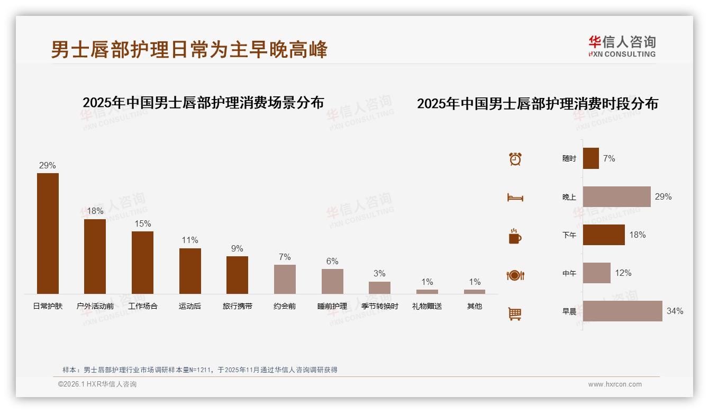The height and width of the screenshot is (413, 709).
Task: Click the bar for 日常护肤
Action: click(x=48, y=233)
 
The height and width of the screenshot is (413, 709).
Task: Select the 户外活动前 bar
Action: click(x=95, y=256)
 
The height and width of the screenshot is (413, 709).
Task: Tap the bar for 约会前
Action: click(x=285, y=279)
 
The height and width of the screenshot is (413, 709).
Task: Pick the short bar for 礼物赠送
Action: click(x=427, y=291)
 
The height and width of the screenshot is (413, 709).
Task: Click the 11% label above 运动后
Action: click(x=190, y=240)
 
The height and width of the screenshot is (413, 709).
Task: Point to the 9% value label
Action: click(x=237, y=248)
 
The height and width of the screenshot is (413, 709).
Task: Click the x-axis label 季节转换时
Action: click(x=380, y=306)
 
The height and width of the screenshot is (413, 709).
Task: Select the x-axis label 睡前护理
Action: click(x=332, y=306)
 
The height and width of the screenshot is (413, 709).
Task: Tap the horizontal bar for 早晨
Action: click(x=622, y=311)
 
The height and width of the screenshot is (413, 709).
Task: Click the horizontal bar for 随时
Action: click(x=590, y=158)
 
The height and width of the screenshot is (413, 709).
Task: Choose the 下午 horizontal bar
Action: click(x=604, y=235)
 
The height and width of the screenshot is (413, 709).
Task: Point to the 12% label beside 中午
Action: click(x=623, y=273)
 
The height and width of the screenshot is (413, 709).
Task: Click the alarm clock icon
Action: click(x=515, y=159)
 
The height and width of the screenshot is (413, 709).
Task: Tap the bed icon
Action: click(x=515, y=197)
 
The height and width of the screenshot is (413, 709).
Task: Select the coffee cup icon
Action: click(x=515, y=236)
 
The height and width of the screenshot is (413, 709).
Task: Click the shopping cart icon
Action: click(x=515, y=313)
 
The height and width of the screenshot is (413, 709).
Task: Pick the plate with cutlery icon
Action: click(x=515, y=275)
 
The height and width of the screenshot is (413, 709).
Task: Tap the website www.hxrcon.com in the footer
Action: click(x=615, y=384)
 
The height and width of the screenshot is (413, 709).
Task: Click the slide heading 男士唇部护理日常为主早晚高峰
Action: click(x=189, y=50)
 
